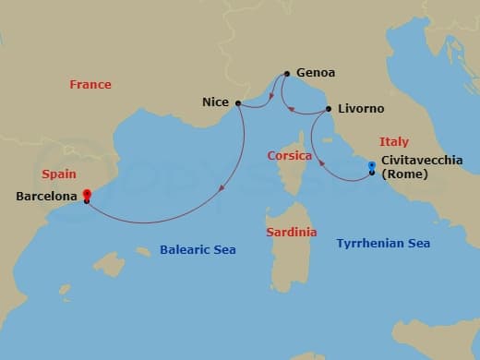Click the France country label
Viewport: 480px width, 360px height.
click(x=90, y=85)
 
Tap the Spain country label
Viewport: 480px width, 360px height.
click(x=59, y=174)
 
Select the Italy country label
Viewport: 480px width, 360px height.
click(x=394, y=141)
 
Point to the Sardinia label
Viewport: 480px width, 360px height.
click(x=291, y=232)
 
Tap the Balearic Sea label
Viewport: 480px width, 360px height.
click(x=198, y=250)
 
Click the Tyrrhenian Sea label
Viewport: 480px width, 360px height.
click(x=383, y=243)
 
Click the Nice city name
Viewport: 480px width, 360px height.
click(x=216, y=102)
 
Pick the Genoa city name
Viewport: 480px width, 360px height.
click(x=316, y=73)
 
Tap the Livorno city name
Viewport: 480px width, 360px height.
click(x=361, y=109)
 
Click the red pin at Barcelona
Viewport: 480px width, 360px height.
click(x=86, y=194)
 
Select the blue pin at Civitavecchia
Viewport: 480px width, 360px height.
click(x=371, y=167)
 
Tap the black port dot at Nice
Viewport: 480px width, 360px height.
click(x=238, y=103)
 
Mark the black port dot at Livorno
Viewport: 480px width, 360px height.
click(x=329, y=110)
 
